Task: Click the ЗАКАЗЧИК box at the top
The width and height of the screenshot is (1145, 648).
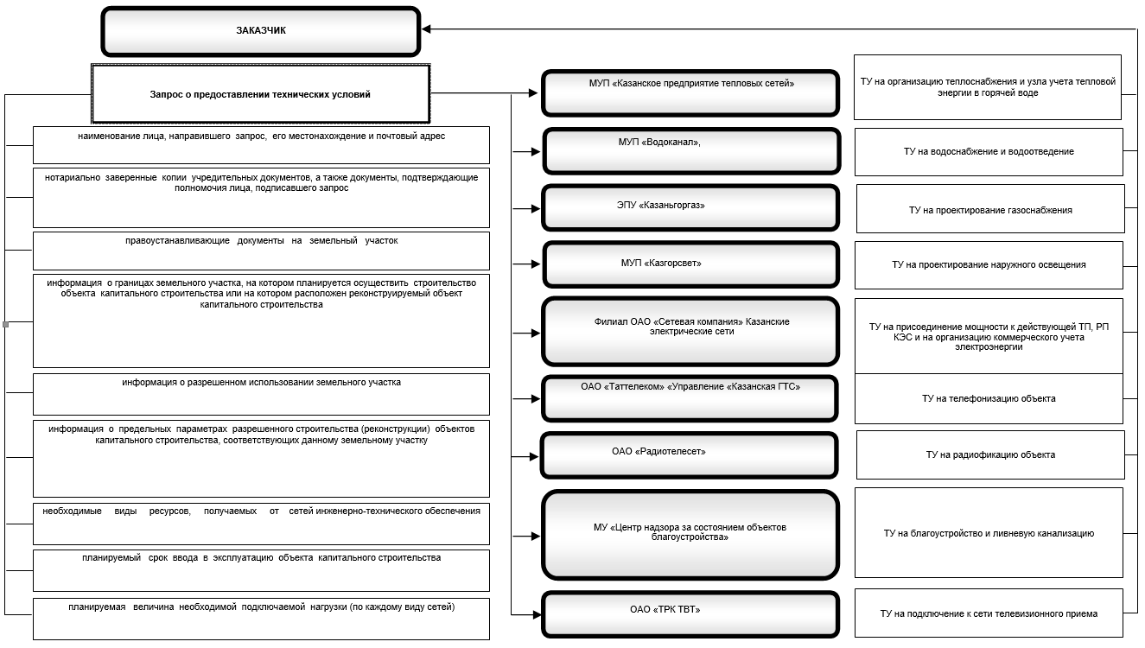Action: click(261, 30)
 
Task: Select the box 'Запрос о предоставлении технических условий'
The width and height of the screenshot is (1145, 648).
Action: click(261, 93)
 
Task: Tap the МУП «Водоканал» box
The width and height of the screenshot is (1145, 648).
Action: click(691, 151)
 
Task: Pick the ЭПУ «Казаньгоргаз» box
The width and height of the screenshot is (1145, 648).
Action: click(690, 208)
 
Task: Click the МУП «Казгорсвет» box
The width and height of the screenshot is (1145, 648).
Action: click(691, 264)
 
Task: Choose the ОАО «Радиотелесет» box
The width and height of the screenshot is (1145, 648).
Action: click(690, 455)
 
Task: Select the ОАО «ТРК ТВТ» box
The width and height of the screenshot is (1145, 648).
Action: click(690, 614)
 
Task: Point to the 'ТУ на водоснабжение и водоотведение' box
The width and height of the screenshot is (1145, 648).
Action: click(989, 152)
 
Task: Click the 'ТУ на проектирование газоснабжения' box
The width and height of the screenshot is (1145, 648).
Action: click(990, 208)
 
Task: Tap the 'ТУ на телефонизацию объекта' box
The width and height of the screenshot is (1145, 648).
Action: click(989, 398)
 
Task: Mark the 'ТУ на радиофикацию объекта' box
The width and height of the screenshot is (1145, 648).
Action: click(990, 454)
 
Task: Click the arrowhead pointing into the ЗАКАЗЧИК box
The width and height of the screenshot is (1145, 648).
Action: click(426, 29)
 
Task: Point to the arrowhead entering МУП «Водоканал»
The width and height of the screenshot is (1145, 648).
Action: click(536, 152)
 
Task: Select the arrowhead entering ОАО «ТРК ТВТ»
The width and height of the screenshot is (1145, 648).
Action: click(537, 614)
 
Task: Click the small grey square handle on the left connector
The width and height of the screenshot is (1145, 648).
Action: click(6, 325)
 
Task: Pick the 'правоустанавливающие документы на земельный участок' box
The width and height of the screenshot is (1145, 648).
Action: click(261, 251)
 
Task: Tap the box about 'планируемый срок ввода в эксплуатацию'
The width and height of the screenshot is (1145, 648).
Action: click(261, 570)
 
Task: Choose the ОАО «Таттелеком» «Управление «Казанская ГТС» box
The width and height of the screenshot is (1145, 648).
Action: click(690, 398)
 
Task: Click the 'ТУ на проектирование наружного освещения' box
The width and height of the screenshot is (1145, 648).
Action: click(989, 265)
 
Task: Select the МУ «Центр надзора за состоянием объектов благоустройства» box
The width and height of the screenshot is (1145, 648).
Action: click(690, 535)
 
